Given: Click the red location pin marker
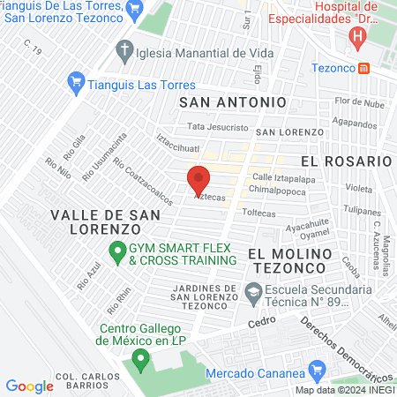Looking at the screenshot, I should pyautogui.click(x=198, y=180).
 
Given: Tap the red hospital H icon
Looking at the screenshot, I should pyautogui.click(x=357, y=37).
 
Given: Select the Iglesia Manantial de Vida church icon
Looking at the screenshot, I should pyautogui.click(x=125, y=49).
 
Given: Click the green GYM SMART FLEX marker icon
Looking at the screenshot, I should pyautogui.click(x=116, y=253).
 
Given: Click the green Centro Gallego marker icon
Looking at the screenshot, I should pyautogui.click(x=139, y=360).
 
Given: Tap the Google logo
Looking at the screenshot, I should pyautogui.click(x=29, y=386).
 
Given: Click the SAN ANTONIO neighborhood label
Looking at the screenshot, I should pyautogui.click(x=232, y=102).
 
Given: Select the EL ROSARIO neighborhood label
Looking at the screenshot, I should pyautogui.click(x=345, y=161).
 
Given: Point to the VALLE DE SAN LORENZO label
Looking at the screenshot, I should pyautogui.click(x=105, y=221).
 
